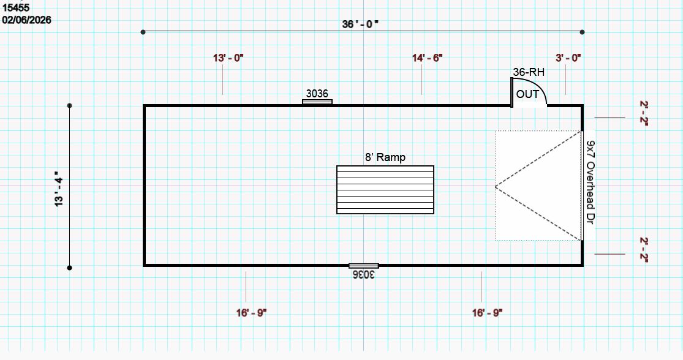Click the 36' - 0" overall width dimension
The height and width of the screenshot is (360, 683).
tap(360, 24)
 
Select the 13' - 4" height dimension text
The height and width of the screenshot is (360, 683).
tap(59, 189)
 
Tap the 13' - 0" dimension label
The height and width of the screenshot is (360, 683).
tap(228, 58)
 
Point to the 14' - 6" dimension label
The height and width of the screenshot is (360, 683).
tap(428, 58)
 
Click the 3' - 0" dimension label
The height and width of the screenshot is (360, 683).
tap(568, 58)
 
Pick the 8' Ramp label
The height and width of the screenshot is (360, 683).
tap(385, 157)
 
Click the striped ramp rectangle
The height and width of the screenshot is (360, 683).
tap(385, 190)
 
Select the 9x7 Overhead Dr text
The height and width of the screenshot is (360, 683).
tap(591, 182)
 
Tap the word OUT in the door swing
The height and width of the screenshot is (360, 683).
tap(527, 94)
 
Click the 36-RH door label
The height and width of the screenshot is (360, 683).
tap(529, 72)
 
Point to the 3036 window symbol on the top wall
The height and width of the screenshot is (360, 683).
tap(317, 102)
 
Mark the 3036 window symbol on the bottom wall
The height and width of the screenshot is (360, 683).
tap(364, 266)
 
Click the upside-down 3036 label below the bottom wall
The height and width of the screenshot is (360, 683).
tap(364, 274)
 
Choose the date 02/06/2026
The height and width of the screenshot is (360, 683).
tap(26, 20)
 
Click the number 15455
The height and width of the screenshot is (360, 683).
tap(16, 7)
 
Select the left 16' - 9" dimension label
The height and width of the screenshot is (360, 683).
tap(251, 313)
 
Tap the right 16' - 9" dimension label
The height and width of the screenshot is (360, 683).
tap(488, 313)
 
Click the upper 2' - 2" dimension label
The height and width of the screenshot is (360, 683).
tap(644, 113)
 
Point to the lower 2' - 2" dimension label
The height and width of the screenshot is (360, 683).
tap(644, 250)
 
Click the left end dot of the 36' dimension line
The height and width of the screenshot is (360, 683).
tap(143, 32)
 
